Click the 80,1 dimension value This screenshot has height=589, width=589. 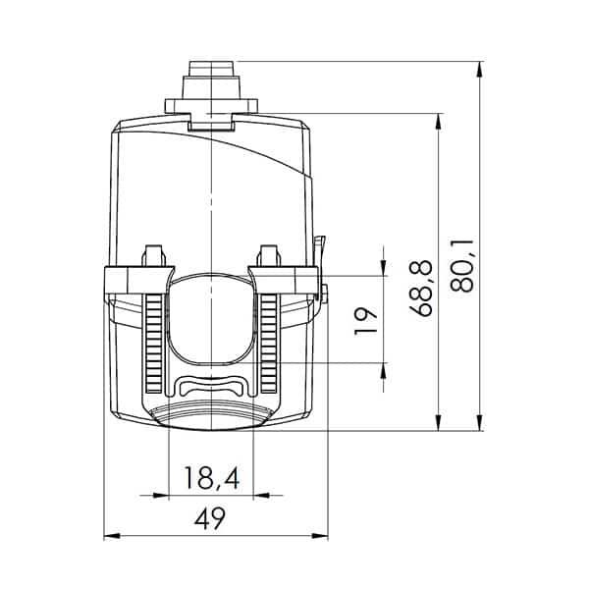pos(461,265)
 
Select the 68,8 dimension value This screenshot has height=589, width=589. pos(421,289)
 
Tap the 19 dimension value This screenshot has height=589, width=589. pos(365,320)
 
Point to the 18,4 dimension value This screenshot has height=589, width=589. pos(211,479)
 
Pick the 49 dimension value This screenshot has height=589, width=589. pos(210,518)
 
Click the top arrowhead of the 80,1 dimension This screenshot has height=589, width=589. pos(479,70)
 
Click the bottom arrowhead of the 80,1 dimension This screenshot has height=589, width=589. pos(479,422)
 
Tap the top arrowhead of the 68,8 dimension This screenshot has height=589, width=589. pos(438,122)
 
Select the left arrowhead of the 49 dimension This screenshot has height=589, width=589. pos(112,536)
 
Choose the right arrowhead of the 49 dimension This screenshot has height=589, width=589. pos(320,536)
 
